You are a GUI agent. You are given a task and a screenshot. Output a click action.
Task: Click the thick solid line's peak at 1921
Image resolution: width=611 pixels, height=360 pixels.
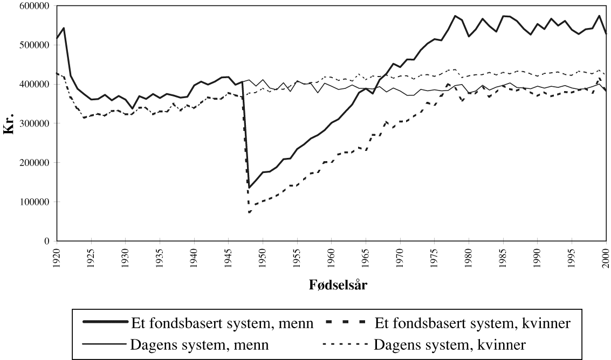[64, 28]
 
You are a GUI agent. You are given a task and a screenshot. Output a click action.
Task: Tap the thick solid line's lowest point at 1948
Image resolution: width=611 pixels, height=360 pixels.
[249, 188]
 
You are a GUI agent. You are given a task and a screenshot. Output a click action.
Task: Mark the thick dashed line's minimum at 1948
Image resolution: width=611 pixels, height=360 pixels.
[249, 212]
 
